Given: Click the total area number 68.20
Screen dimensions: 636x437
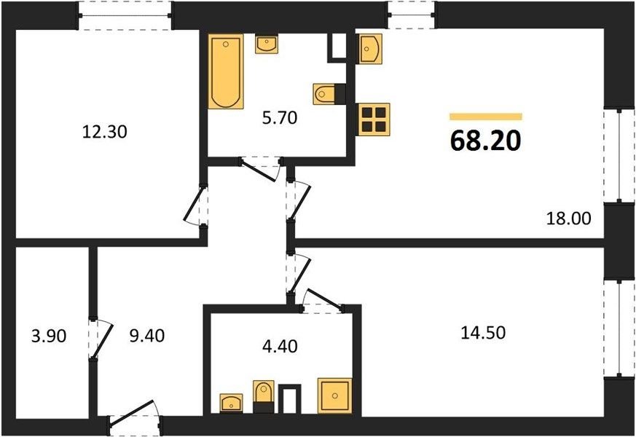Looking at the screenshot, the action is (x=485, y=141).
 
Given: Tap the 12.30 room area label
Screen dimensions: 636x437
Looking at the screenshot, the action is (x=105, y=132).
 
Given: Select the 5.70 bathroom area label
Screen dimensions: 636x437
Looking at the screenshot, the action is (x=280, y=118).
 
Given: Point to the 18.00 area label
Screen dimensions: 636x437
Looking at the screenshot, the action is (x=569, y=219).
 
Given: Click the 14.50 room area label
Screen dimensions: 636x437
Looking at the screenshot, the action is (x=483, y=333).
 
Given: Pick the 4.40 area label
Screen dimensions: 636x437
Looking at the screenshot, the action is (x=280, y=346).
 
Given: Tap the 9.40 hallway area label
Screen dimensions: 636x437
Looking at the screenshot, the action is (x=147, y=336).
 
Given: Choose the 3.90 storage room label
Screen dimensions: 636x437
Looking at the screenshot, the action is (x=49, y=336).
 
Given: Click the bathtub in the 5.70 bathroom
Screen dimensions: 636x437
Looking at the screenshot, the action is (x=226, y=71).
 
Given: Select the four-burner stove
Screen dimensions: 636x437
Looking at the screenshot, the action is (x=374, y=119).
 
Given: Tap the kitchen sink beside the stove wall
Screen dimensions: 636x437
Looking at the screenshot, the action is (x=369, y=49).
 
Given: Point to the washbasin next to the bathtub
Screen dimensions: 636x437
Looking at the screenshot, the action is (x=267, y=44).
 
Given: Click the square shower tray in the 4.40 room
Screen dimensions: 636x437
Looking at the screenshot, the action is (x=334, y=395).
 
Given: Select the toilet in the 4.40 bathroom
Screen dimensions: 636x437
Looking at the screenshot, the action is (x=263, y=396).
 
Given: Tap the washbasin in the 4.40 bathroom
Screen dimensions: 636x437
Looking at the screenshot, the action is (x=231, y=403).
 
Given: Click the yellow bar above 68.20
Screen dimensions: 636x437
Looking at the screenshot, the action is (x=485, y=117).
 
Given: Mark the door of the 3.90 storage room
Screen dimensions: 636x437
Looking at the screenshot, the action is (x=101, y=339).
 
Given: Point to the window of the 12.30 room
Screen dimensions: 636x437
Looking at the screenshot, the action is (x=125, y=16).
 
